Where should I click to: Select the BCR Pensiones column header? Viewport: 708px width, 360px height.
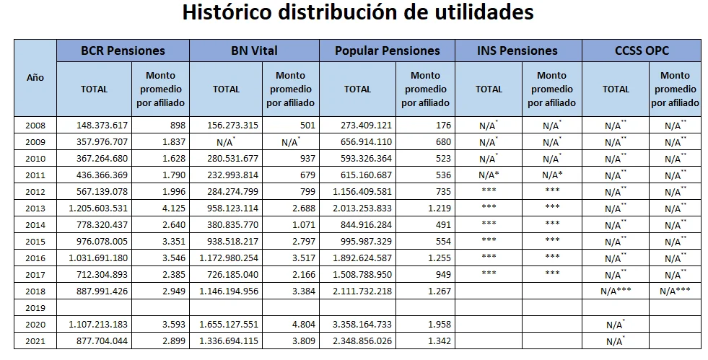pos(123,51)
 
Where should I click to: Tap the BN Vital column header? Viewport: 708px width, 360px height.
pos(254,51)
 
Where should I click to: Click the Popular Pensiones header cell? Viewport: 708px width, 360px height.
pos(388,51)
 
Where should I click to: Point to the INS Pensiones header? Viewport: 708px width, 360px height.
pos(517,51)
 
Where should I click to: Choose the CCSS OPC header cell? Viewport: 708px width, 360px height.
pos(642,51)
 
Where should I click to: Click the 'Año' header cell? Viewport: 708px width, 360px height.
pos(35,77)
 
